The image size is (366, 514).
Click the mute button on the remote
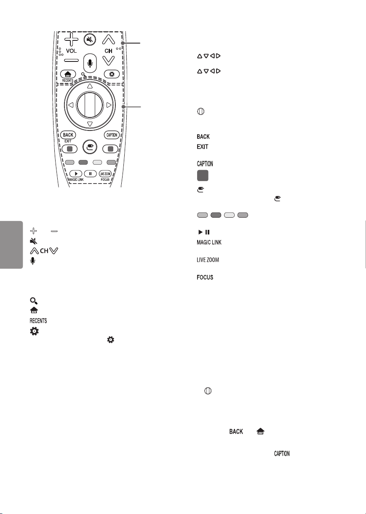[x=90, y=40]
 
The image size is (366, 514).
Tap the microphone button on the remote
[x=90, y=63]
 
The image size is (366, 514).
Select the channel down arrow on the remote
[x=108, y=61]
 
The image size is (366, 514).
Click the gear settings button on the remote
[x=112, y=74]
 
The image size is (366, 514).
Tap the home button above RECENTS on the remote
[x=68, y=74]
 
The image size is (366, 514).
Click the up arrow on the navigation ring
[x=90, y=86]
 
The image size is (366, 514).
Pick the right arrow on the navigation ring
[x=109, y=105]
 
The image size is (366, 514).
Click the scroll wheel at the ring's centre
[x=90, y=105]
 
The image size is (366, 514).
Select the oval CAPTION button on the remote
[x=112, y=135]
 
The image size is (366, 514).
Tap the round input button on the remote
[x=90, y=146]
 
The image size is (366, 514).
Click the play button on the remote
[x=76, y=174]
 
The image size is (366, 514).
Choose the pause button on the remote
[x=90, y=174]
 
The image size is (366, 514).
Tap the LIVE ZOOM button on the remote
[x=105, y=174]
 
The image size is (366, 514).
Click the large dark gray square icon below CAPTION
[x=203, y=176]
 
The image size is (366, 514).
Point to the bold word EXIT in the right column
[x=203, y=147]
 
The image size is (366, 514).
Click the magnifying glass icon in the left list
[x=34, y=301]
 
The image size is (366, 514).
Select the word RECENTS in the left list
[x=38, y=320]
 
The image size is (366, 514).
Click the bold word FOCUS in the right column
[x=205, y=277]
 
